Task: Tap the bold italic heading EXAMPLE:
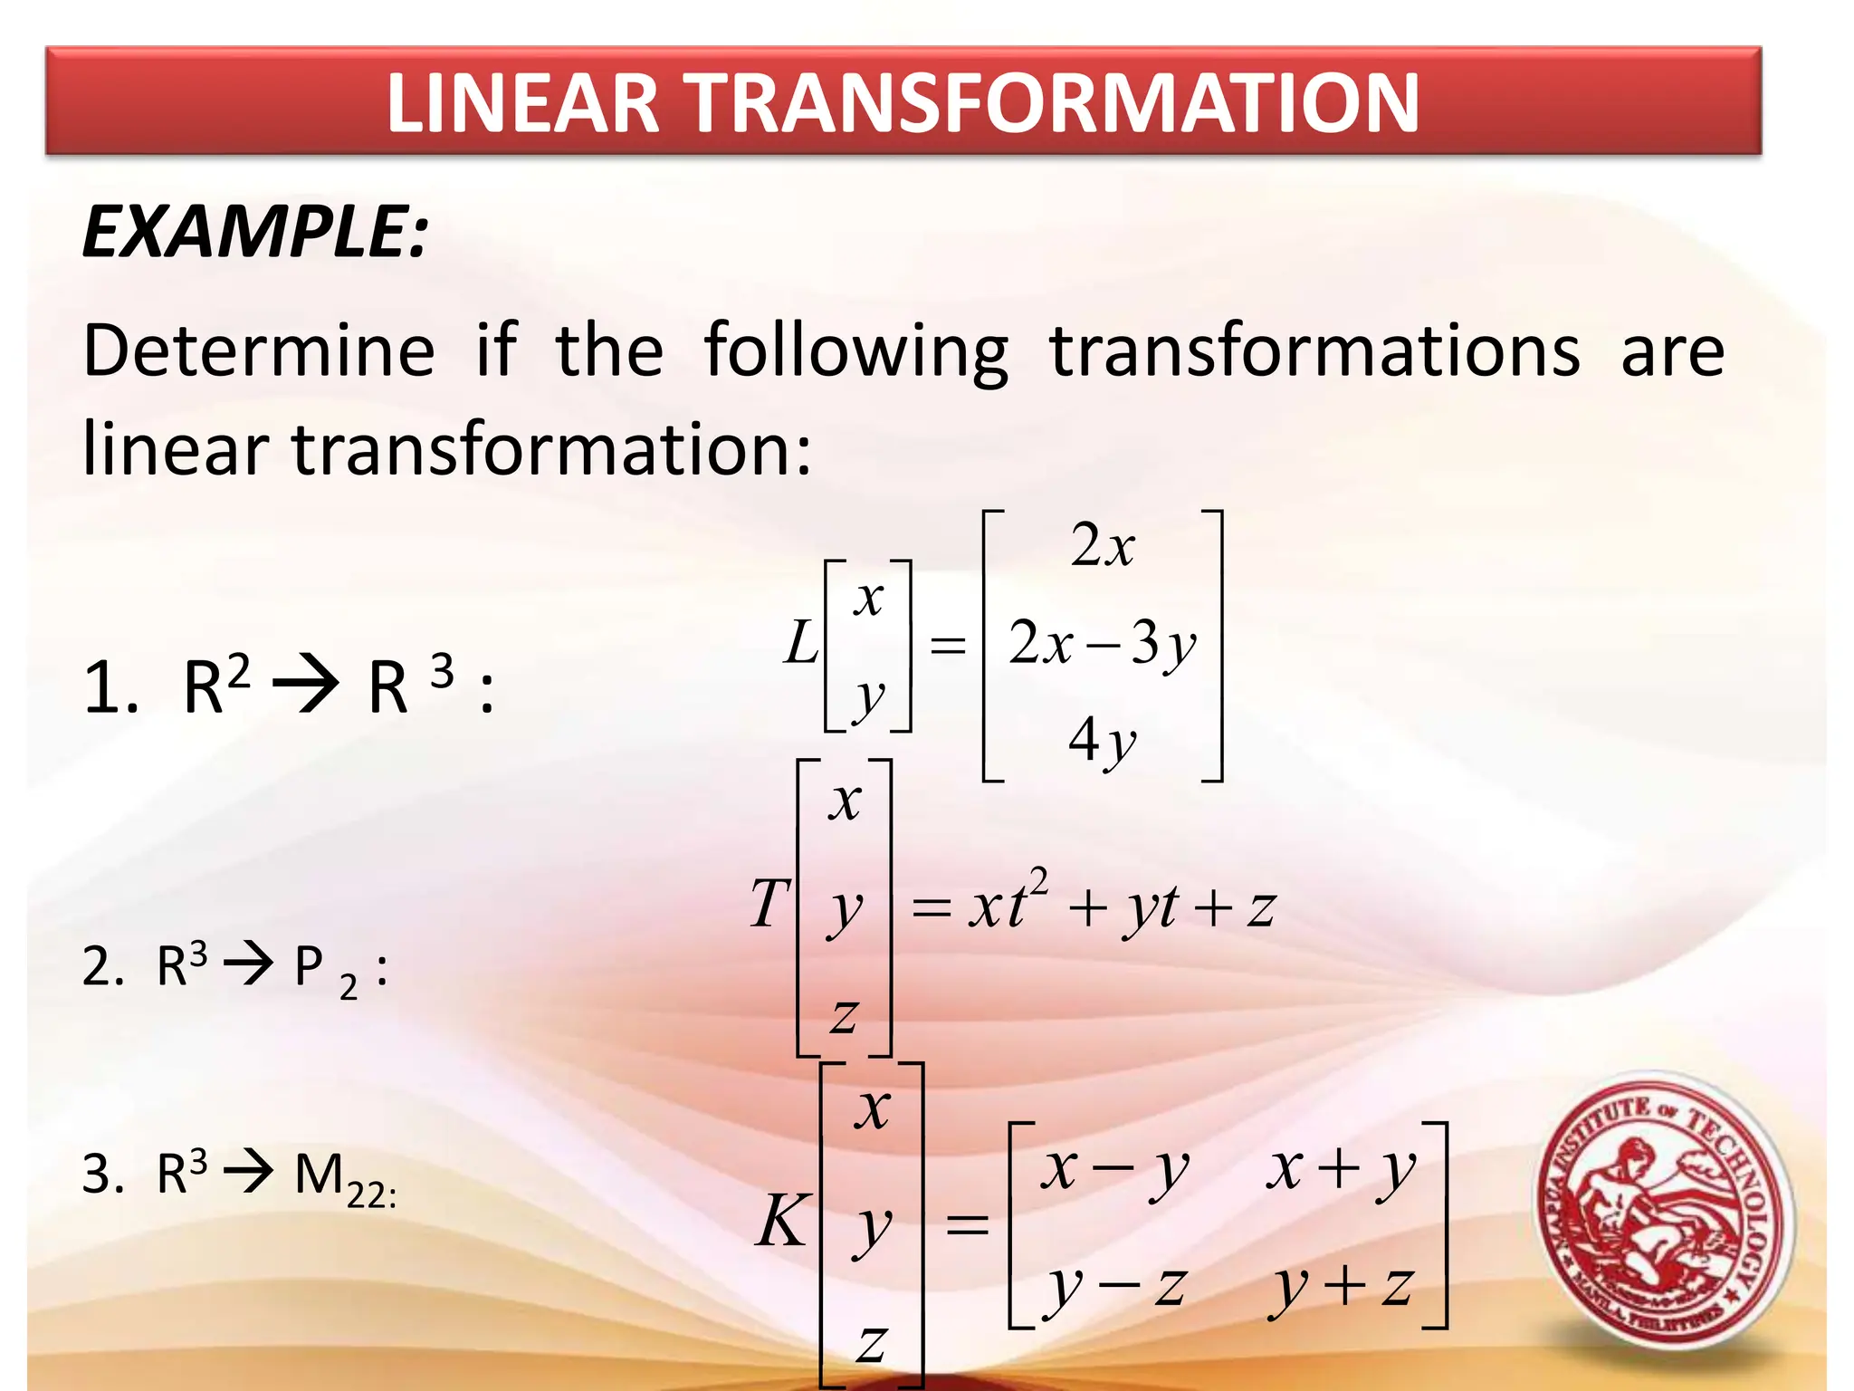[x=254, y=232]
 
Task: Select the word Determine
[x=259, y=351]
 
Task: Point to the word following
[x=855, y=351]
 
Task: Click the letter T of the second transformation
[x=769, y=904]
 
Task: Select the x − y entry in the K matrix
[x=1113, y=1170]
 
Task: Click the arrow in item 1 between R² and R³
[x=306, y=686]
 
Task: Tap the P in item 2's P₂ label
[x=309, y=966]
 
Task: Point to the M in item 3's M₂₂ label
[x=319, y=1175]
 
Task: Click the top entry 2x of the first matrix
[x=1102, y=546]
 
